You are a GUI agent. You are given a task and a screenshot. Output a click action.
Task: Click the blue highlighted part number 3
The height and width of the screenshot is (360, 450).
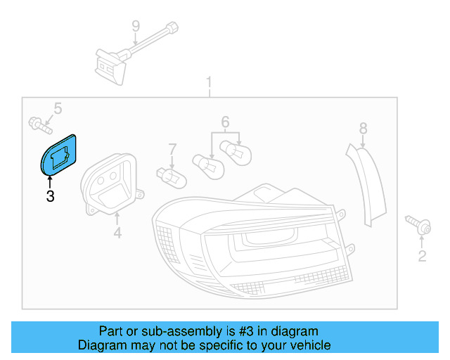[x=59, y=154]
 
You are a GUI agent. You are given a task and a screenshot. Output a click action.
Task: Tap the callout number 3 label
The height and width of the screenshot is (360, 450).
[x=50, y=197]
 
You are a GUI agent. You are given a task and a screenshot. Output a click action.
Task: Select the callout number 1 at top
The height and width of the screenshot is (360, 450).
[x=209, y=84]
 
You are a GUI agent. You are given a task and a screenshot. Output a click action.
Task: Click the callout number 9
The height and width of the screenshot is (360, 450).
[x=135, y=27]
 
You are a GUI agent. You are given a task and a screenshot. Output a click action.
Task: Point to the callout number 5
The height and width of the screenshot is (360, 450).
[x=58, y=108]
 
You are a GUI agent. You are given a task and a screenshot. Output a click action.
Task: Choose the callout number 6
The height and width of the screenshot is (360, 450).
[x=225, y=122]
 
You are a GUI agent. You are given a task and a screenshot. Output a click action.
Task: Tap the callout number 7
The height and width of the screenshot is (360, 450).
[x=172, y=149]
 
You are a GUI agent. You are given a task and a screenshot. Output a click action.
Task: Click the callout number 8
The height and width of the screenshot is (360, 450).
[x=363, y=128]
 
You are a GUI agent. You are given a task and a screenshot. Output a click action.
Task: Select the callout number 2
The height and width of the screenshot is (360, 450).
[x=422, y=256]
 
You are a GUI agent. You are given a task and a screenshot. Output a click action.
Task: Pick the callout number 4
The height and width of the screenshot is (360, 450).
[x=117, y=232]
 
